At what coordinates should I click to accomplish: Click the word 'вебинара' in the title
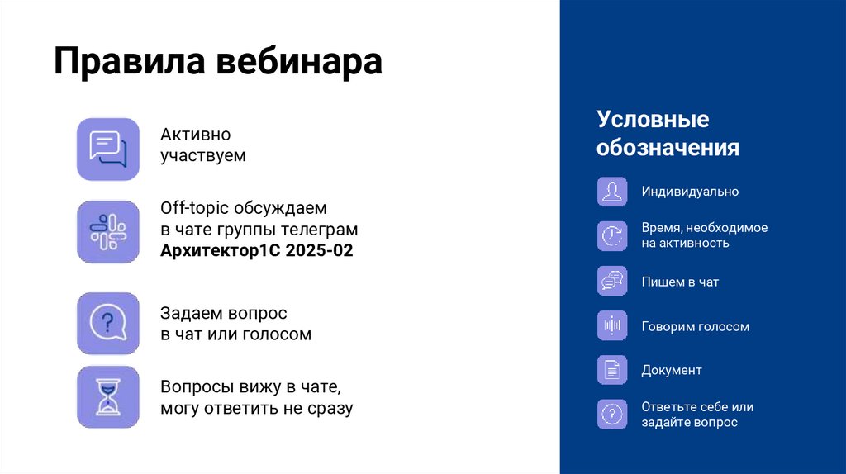[299, 63]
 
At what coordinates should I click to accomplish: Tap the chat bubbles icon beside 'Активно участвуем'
[108, 149]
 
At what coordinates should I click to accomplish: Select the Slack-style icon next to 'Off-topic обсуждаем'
[108, 231]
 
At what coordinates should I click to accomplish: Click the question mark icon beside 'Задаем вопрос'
[108, 323]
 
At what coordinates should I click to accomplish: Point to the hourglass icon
[108, 397]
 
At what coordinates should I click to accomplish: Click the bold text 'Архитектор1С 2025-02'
[257, 250]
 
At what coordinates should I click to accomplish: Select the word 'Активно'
[196, 135]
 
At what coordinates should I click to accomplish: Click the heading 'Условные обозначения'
[668, 134]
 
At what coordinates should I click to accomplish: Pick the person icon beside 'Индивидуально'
[612, 192]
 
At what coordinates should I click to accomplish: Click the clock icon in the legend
[612, 235]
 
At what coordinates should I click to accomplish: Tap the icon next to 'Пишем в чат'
[612, 282]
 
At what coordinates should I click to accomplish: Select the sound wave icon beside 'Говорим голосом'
[612, 326]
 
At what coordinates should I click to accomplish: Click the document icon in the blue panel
[612, 370]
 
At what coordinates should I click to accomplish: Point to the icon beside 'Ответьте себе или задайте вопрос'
[612, 414]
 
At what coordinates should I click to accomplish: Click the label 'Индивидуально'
[690, 192]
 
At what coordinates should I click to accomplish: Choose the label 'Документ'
[672, 370]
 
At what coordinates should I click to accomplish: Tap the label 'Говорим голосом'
[696, 326]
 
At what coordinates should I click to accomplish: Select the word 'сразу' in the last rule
[329, 409]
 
